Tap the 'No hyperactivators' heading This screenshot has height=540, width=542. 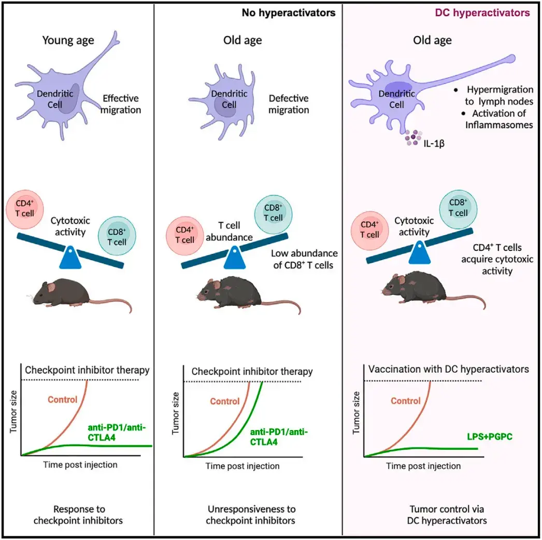(x=288, y=13)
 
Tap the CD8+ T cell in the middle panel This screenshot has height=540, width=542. (x=273, y=213)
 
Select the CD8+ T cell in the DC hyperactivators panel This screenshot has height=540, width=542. (x=458, y=207)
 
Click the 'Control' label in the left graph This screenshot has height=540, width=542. (x=62, y=400)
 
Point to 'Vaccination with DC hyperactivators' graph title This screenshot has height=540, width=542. (x=449, y=370)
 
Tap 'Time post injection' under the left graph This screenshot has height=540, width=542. (x=80, y=464)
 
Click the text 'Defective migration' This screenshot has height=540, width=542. (x=289, y=104)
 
